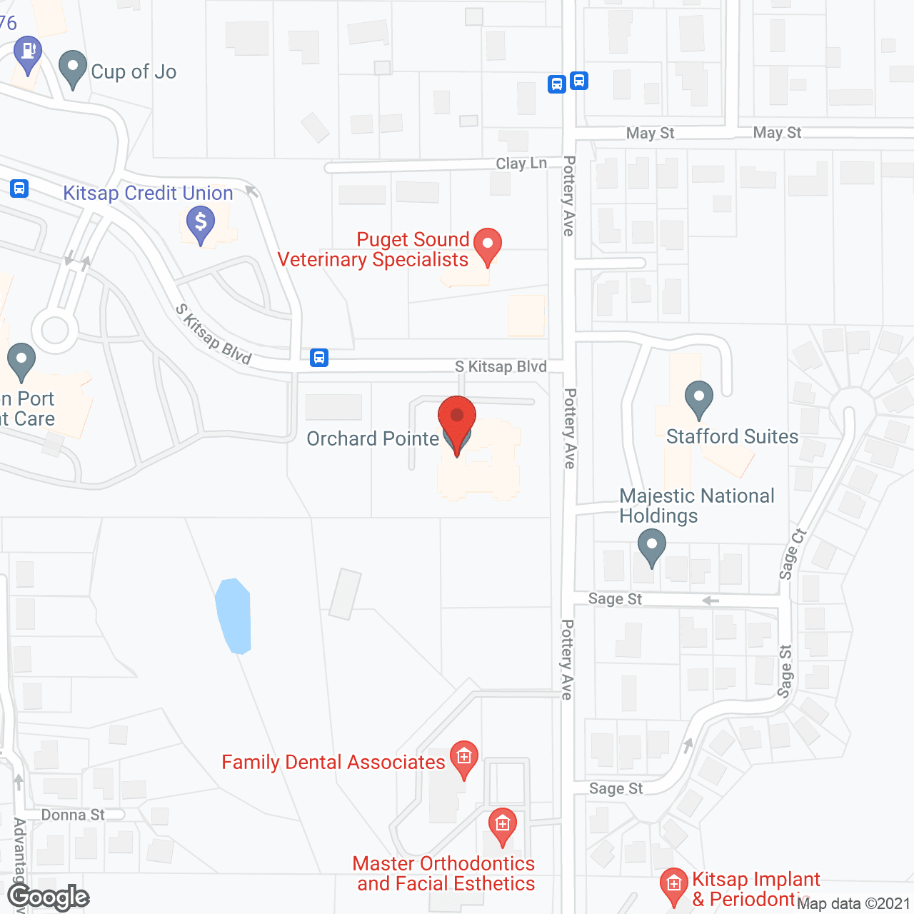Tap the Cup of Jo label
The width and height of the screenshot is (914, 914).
click(x=134, y=72)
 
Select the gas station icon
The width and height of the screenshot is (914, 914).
click(x=28, y=54)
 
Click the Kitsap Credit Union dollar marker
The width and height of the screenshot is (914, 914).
click(x=201, y=224)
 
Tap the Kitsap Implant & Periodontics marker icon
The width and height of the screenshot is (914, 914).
click(x=673, y=885)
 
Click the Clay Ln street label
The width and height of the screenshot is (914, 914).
click(x=521, y=164)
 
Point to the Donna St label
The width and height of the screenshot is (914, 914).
click(x=73, y=815)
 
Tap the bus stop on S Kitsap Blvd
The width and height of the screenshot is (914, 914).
click(x=319, y=358)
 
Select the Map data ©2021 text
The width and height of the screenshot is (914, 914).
click(x=853, y=904)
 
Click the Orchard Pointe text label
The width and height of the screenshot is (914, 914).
click(x=373, y=438)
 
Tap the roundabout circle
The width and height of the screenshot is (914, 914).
click(x=55, y=330)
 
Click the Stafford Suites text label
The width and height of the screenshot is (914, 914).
click(x=732, y=436)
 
